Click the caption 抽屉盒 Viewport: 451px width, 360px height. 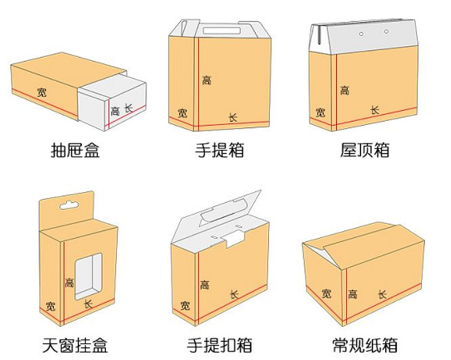(x=75, y=150)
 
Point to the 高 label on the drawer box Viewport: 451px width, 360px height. (x=115, y=110)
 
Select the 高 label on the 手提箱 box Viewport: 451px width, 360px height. (x=206, y=80)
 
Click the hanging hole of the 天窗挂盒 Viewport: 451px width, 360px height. (x=69, y=205)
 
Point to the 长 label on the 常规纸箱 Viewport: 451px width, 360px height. (x=382, y=294)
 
